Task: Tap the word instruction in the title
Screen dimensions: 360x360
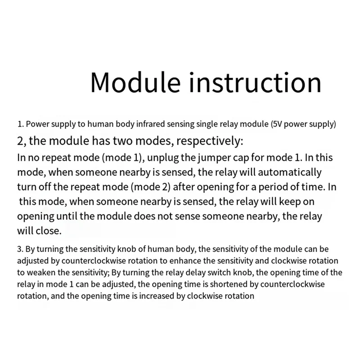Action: click(x=255, y=82)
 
